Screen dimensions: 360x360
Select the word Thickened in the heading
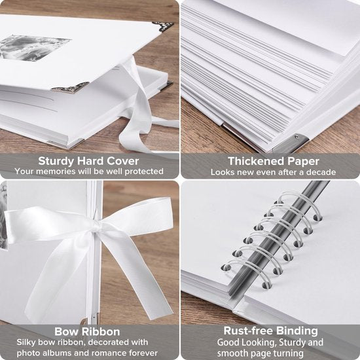256,161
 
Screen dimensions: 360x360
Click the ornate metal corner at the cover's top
164,24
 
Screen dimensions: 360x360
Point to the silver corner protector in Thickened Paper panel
291,144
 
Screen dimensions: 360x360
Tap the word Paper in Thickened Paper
303,162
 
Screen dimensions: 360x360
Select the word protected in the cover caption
144,171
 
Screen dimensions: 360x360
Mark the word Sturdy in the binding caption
291,342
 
